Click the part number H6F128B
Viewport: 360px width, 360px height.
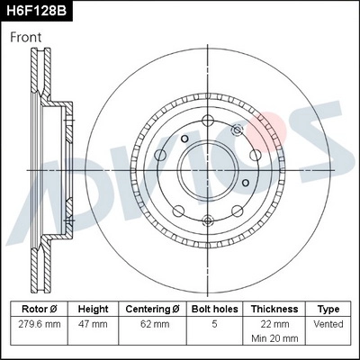point(38,12)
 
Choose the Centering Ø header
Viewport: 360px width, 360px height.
point(152,308)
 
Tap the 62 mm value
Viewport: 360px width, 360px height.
point(152,322)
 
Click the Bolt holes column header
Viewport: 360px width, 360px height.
point(213,308)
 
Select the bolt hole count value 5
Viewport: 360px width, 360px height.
point(213,322)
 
